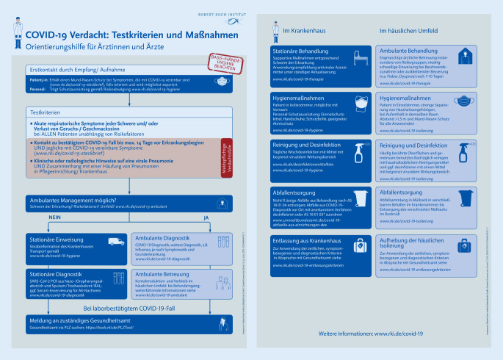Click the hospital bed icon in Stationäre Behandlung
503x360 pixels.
[x=359, y=61]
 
